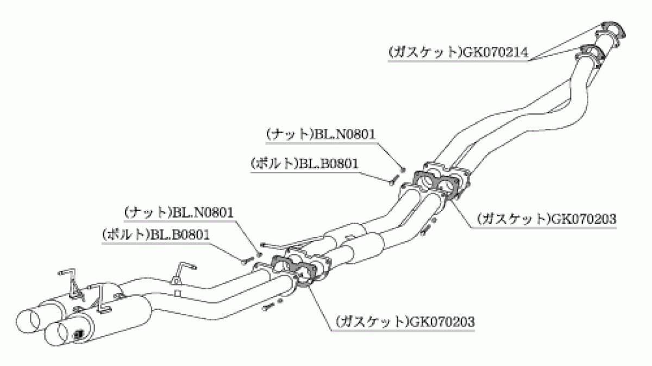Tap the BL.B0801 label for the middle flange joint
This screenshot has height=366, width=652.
point(328,164)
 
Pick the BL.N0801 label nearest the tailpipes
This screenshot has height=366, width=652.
point(202,213)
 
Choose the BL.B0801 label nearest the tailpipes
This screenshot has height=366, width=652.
point(178,234)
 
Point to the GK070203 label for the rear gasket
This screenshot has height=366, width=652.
point(442,322)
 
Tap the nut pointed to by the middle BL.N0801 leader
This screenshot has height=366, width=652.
point(403,169)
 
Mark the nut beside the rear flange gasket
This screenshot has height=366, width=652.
point(259,255)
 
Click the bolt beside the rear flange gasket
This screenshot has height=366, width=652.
point(247,260)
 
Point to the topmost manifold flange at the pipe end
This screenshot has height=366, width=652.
point(611,33)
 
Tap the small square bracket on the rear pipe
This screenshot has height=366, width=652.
point(178,293)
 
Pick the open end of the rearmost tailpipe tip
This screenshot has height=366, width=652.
point(28,322)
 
